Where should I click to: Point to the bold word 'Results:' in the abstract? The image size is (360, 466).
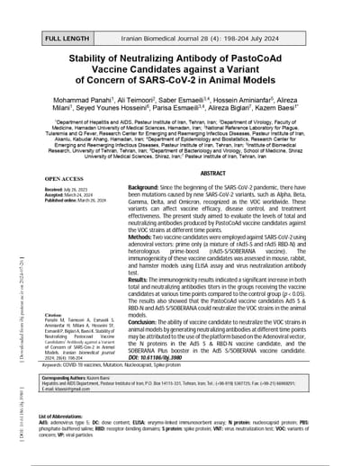pyautogui.click(x=144, y=281)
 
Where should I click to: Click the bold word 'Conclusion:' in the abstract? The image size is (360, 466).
pyautogui.click(x=149, y=321)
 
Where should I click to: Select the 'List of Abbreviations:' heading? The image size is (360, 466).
pyautogui.click(x=66, y=417)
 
